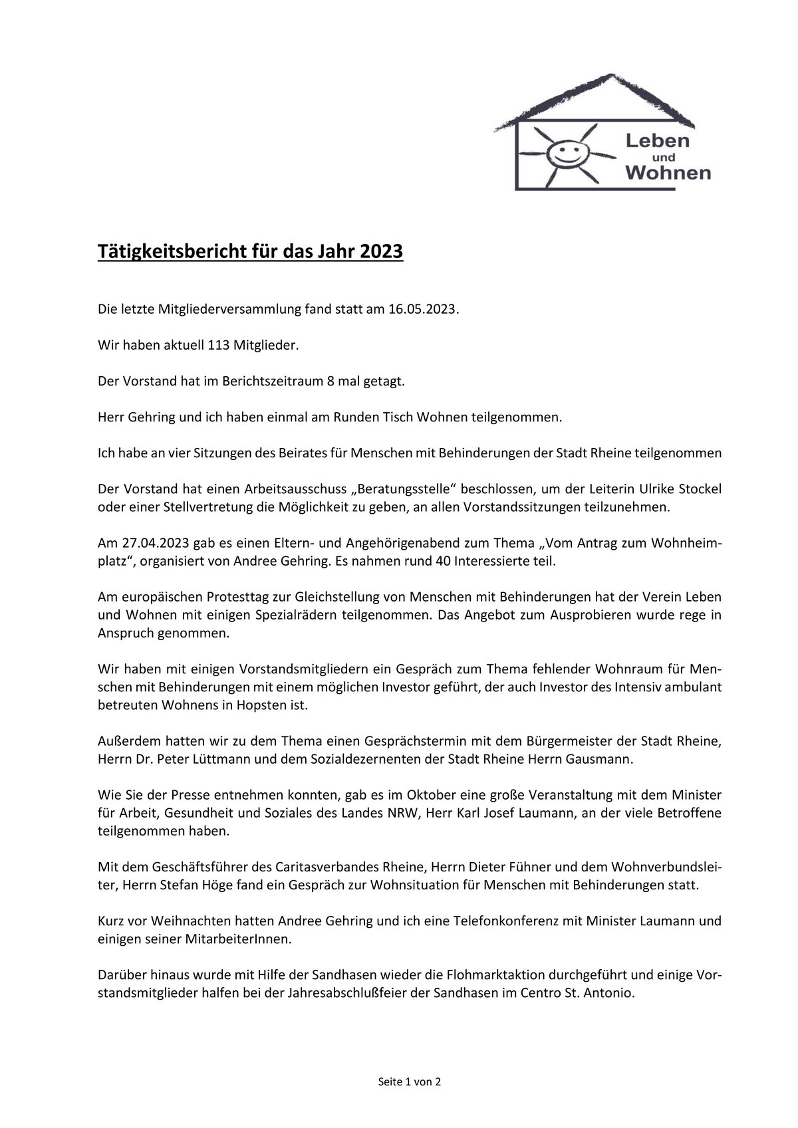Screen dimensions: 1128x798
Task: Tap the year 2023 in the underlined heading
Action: [381, 253]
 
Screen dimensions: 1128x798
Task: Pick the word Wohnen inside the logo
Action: [668, 174]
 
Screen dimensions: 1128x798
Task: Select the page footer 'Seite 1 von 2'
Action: [410, 1081]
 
